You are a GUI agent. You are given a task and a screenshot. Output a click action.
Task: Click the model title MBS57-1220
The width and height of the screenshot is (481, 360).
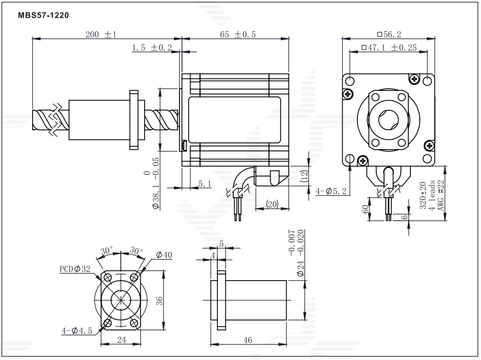point(43,15)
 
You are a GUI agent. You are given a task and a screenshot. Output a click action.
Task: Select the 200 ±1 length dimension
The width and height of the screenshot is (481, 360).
point(101,34)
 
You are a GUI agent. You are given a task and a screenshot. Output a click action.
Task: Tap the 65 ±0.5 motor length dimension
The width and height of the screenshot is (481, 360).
point(238,34)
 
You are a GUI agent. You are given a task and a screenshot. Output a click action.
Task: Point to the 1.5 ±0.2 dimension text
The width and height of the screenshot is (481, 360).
point(152,48)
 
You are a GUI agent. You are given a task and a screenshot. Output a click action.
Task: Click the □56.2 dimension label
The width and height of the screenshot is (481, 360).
point(389,34)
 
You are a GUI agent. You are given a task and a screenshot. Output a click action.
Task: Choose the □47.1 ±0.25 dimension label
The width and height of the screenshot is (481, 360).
point(389,48)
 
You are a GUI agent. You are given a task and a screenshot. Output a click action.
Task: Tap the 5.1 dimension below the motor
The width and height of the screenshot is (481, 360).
point(205,184)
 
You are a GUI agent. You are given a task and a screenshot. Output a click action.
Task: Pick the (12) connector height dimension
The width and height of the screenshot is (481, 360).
point(304,176)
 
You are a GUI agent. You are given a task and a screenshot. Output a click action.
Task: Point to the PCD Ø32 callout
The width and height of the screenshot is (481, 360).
point(75,269)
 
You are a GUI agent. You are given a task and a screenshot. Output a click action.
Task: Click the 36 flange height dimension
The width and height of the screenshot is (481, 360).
point(160,300)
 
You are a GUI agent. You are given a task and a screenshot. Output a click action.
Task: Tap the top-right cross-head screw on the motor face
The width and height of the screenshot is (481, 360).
point(414,79)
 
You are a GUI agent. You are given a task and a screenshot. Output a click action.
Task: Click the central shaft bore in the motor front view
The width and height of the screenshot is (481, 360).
point(388,120)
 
